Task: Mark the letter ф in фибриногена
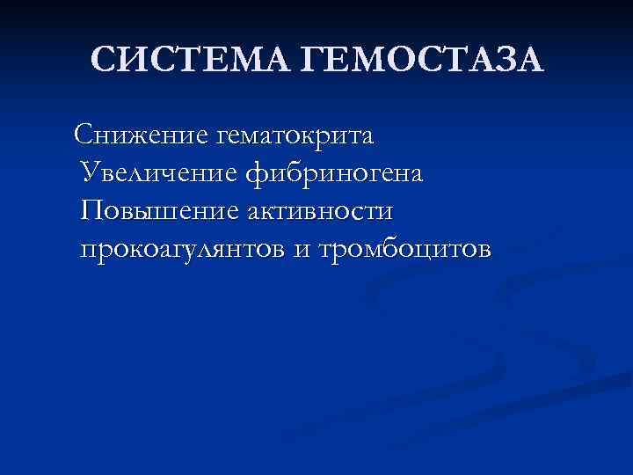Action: coord(258,174)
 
